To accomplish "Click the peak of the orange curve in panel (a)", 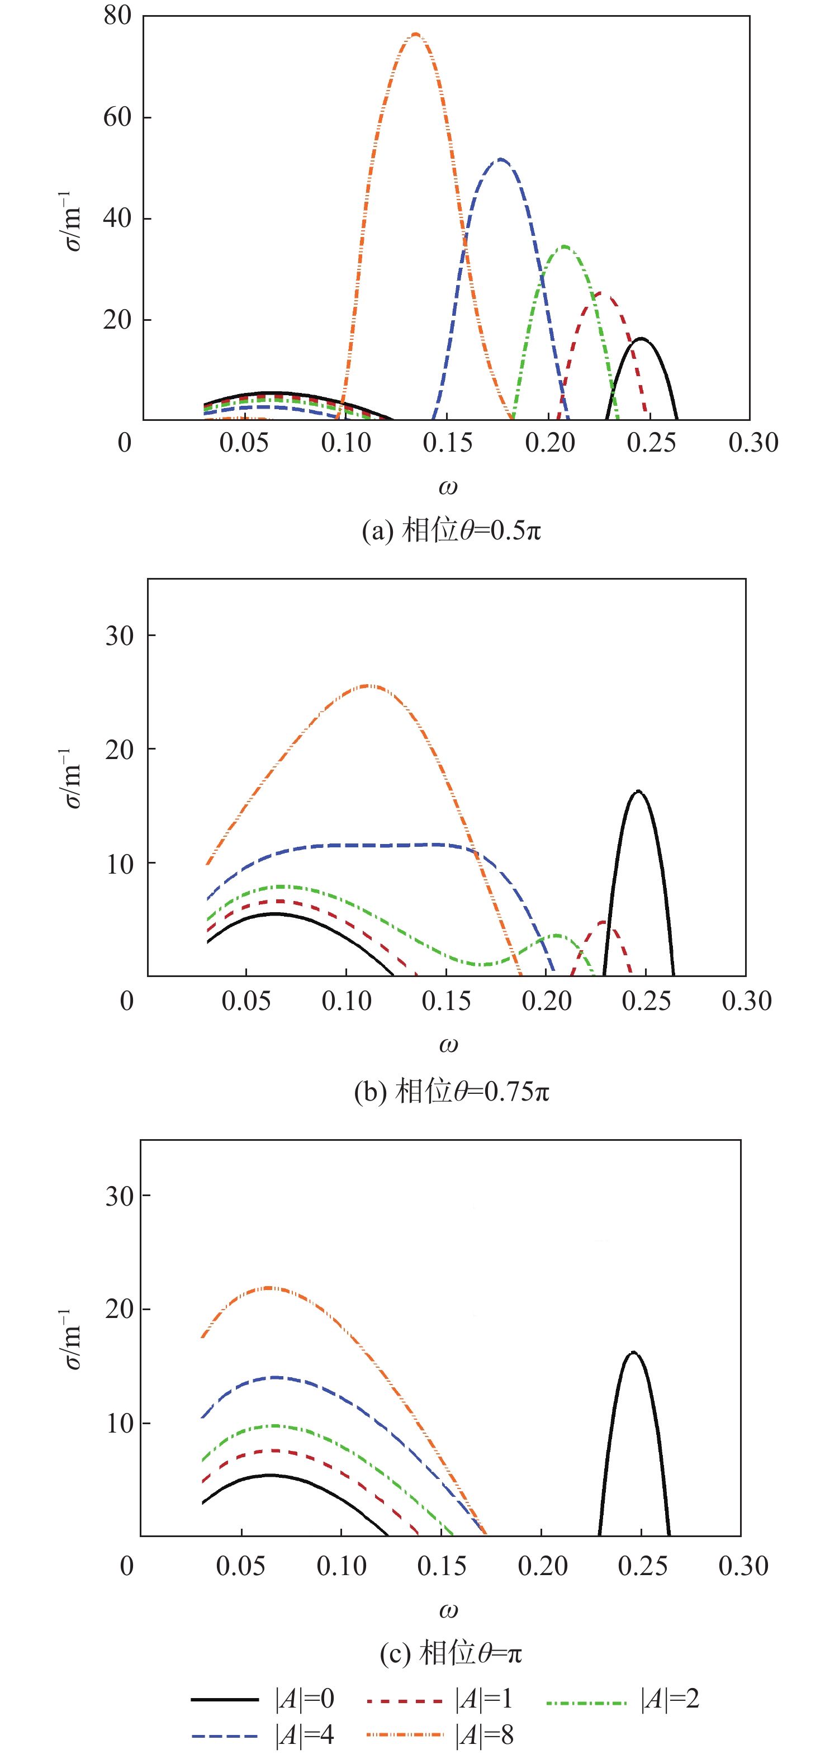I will pos(415,34).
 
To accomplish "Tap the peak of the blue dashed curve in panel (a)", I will pos(501,160).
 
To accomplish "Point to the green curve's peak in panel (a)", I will pos(565,246).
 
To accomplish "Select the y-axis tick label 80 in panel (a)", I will pos(117,15).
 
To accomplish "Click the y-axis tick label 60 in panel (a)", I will pos(117,117).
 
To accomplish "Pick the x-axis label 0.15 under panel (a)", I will pos(447,443).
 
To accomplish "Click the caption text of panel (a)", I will pos(452,530).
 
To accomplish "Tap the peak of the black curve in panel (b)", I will pos(638,792).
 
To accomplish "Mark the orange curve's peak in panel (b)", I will pos(369,686).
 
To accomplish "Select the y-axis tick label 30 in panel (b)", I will pos(120,636).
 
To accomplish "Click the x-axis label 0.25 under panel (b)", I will pos(646,1001).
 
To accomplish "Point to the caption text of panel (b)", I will pos(452,1091).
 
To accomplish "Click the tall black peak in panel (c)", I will pos(634,1353).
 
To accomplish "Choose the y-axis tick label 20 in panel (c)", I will pos(120,1309).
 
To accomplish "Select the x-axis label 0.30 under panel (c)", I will pos(743,1565).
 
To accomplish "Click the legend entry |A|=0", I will pos(304,1699).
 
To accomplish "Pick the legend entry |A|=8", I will pos(483,1734).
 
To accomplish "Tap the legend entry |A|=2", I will pos(669,1699).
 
